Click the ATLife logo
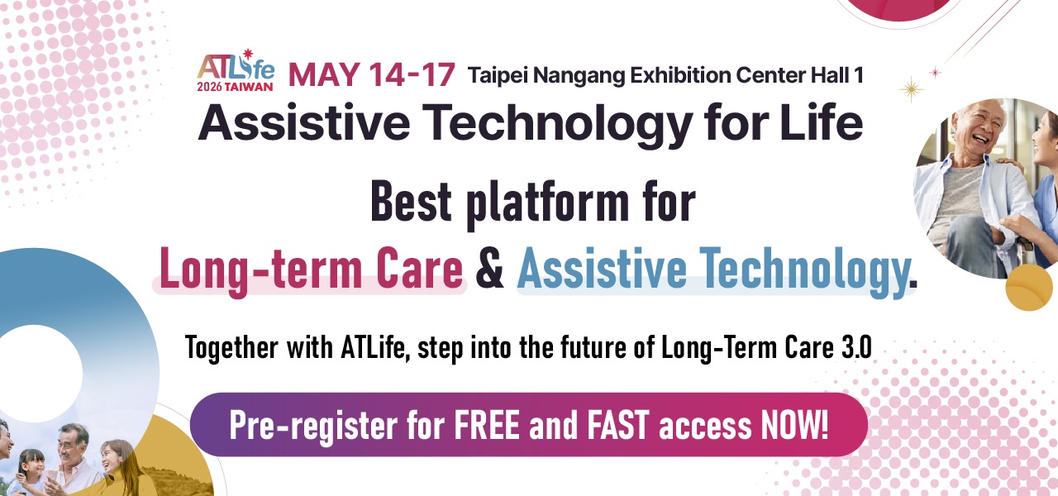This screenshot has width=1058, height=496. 236,70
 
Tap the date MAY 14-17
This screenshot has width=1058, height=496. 372,74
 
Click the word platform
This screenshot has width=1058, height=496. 548,203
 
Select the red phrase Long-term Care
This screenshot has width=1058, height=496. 311,269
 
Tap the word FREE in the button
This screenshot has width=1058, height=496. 487,424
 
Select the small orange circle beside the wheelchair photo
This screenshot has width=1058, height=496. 1029,287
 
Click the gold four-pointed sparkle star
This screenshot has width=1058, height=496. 911,88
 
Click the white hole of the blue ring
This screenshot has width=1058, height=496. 36,373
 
